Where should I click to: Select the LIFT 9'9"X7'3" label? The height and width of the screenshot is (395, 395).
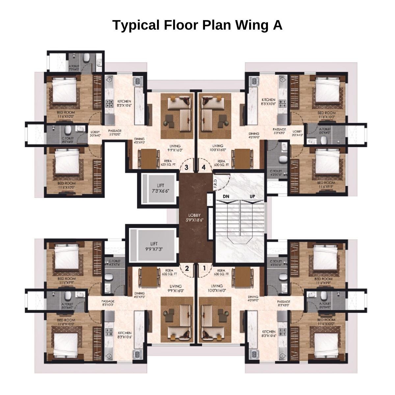coord(154,246)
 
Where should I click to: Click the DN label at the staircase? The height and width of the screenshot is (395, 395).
coord(226,197)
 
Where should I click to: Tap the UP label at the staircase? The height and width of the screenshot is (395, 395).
coord(252,197)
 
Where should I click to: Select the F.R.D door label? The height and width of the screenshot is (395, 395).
coord(215,185)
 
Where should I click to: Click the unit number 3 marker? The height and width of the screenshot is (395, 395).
coord(187,167)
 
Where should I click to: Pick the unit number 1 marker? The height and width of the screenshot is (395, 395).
coord(204,268)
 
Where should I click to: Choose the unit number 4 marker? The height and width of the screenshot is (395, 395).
coord(204,167)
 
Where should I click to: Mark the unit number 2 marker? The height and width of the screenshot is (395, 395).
coord(187,268)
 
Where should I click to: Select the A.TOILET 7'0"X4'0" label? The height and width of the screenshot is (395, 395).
coord(74,68)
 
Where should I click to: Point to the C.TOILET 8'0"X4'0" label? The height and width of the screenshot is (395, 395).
coord(67,140)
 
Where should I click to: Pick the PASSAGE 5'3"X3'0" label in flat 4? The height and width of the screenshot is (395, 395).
coord(279,131)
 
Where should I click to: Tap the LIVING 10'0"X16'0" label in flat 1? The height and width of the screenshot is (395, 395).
coord(217,288)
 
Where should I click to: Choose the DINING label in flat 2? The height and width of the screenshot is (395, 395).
coord(139,295)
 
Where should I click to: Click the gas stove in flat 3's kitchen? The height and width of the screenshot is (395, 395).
coord(109,105)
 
